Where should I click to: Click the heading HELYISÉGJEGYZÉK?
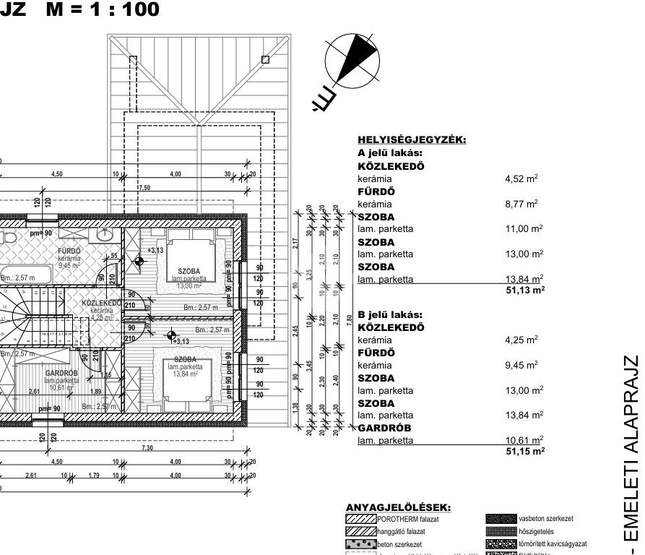tap(412, 140)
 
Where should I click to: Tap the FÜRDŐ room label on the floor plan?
tap(69, 251)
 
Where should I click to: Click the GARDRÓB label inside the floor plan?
tap(61, 373)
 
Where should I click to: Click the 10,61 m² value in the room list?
tap(524, 440)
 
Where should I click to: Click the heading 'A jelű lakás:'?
tap(389, 153)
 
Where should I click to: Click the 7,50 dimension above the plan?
tap(144, 187)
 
